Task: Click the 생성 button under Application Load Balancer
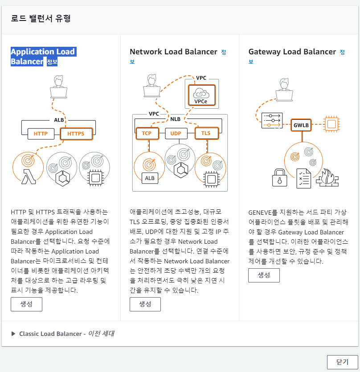26,304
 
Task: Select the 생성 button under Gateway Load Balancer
264,275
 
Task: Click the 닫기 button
343,362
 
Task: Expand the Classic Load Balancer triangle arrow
13,334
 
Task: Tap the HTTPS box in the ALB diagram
76,134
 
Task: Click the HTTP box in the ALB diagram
41,134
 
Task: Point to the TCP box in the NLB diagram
147,133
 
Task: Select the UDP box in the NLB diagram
176,134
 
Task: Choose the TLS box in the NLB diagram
206,133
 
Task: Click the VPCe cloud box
202,95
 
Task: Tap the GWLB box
301,125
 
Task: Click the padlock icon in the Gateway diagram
279,177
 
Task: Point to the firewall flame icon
327,178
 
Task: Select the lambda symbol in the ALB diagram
29,177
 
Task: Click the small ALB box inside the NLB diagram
150,178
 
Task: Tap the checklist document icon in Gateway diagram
304,178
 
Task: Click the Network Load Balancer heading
173,52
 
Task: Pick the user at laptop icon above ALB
59,86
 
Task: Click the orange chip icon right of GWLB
331,124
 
